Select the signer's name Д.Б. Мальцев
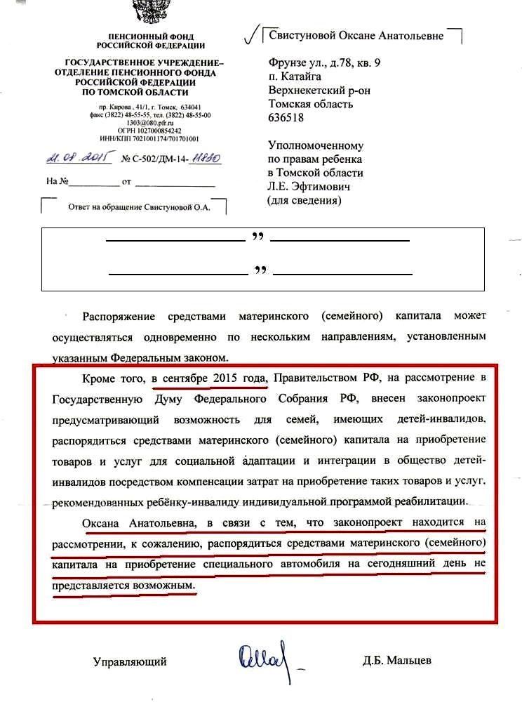point(398,661)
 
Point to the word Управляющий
point(130,661)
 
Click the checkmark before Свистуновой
point(249,34)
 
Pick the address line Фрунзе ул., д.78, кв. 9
point(325,62)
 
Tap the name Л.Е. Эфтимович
point(309,187)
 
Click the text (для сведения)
point(303,201)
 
